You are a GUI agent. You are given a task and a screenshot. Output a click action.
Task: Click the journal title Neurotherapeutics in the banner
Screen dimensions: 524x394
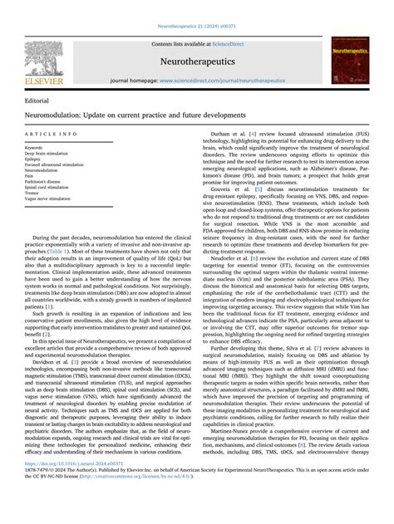tap(196, 61)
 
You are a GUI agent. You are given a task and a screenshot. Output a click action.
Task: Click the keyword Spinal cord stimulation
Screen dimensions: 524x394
tap(47, 188)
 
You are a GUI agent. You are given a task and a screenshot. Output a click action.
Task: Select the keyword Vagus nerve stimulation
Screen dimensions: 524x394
tap(47, 199)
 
